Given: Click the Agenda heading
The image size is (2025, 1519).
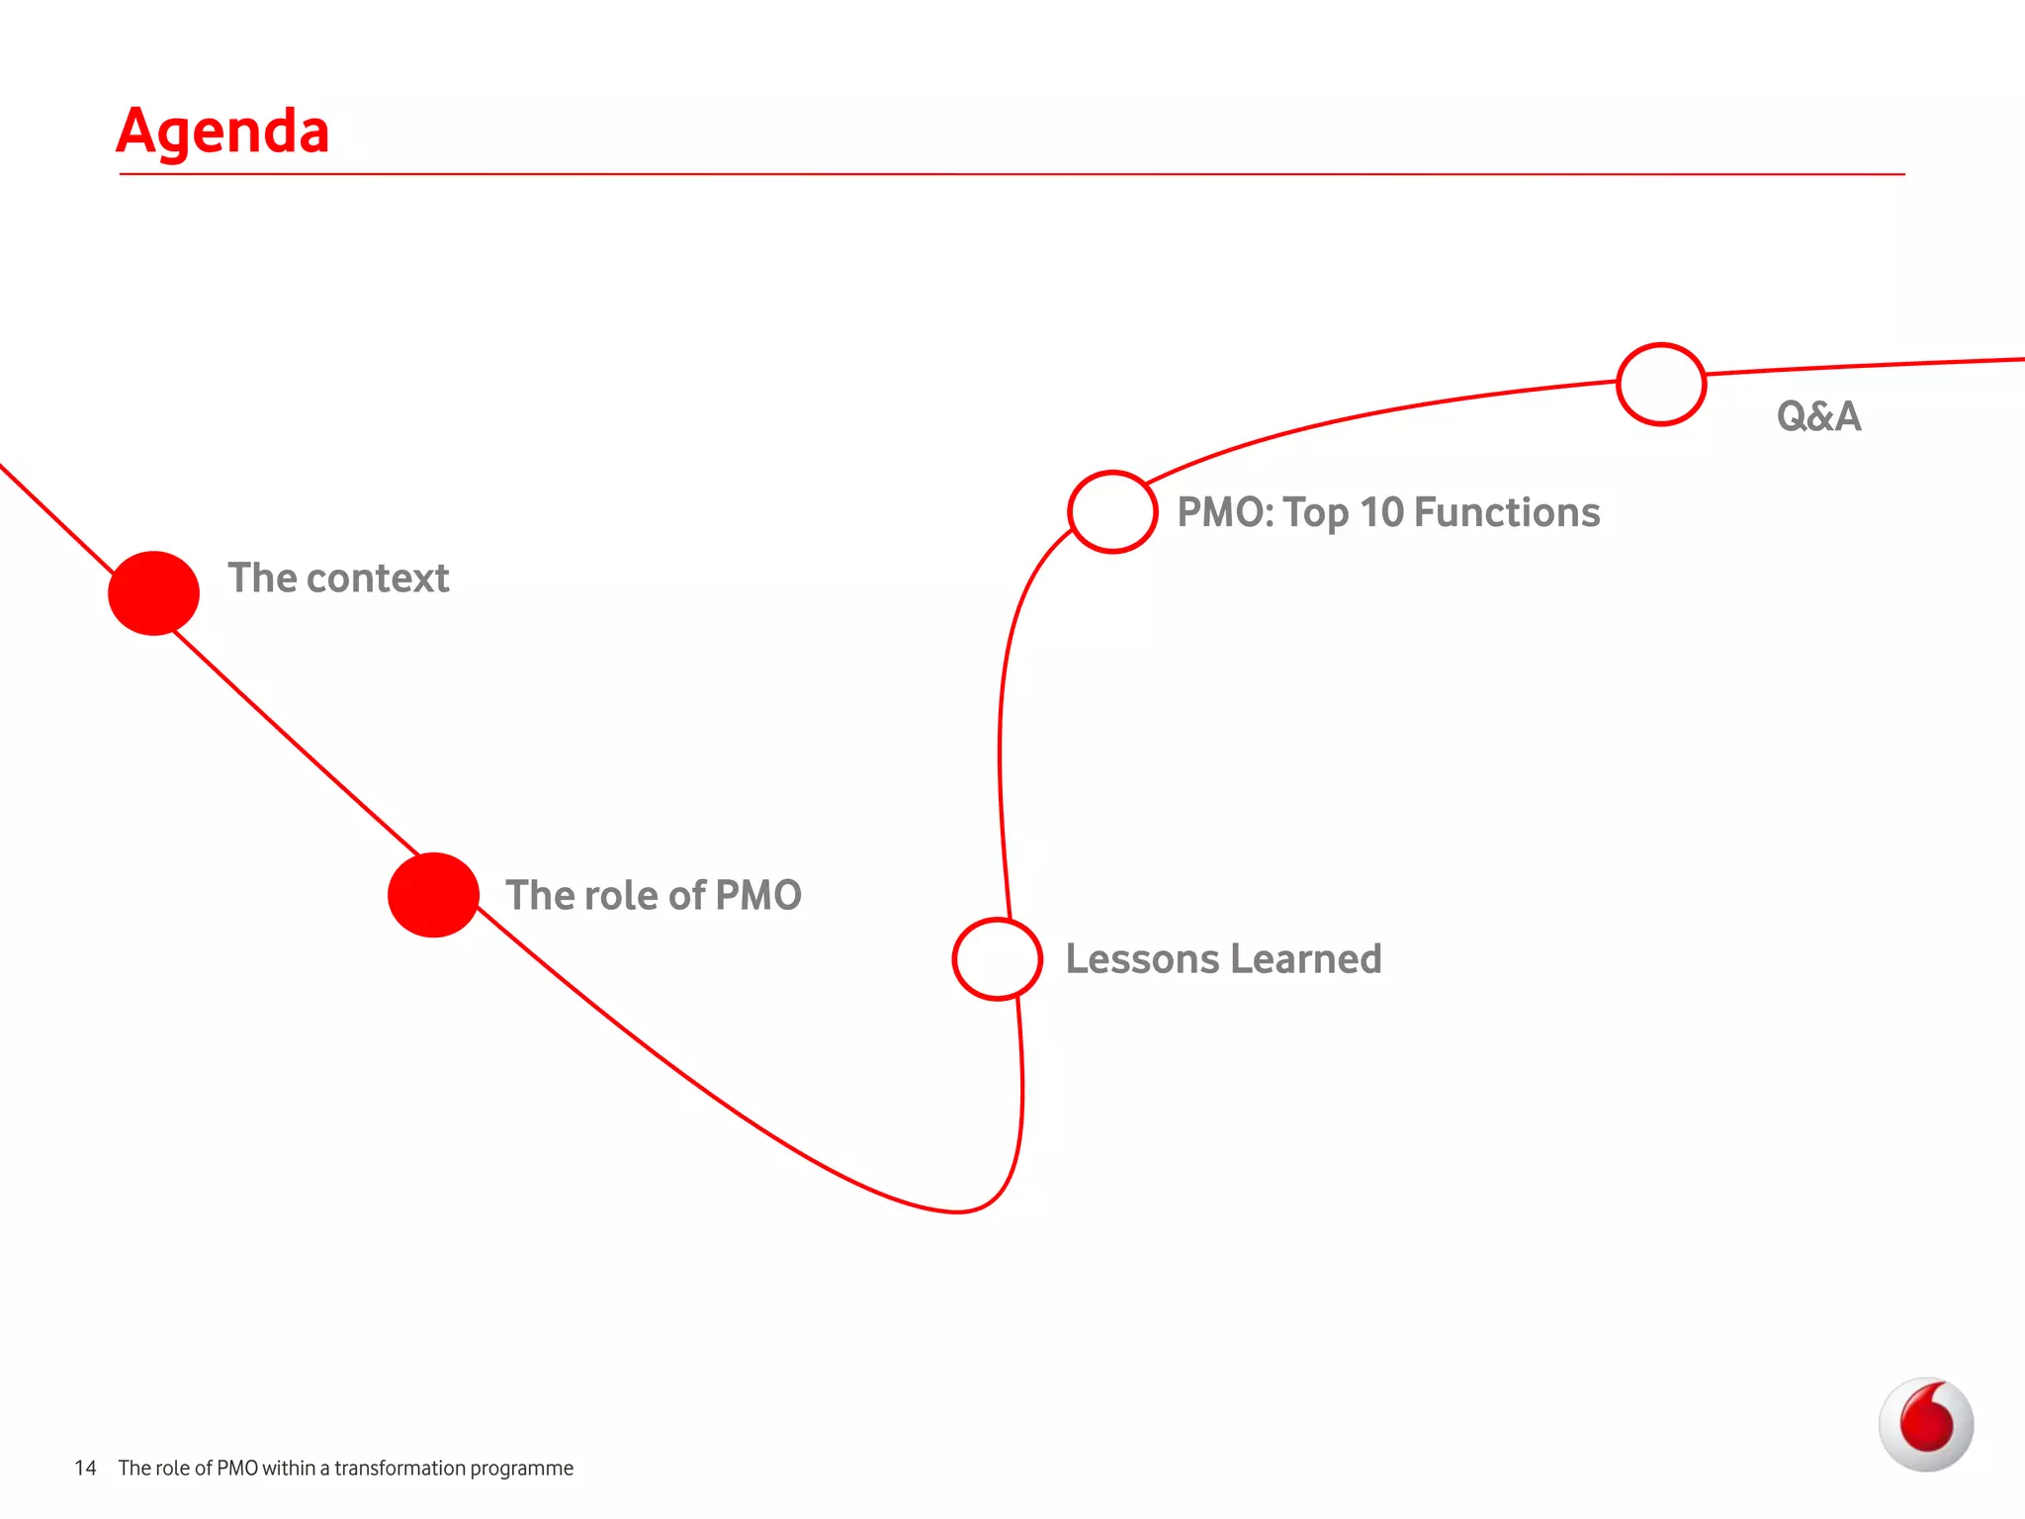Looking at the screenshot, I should [222, 132].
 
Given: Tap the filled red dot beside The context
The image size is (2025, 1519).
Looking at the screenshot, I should [153, 592].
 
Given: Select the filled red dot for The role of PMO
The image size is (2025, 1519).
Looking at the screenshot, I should [433, 894].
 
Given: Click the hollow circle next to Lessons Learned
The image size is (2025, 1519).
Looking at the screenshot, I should [997, 958].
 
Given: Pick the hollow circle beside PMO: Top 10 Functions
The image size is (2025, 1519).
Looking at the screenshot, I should [1112, 511].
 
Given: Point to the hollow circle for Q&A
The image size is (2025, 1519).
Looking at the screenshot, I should [1661, 384].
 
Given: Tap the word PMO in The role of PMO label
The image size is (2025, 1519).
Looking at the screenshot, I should [757, 895].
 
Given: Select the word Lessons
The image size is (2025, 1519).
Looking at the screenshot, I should [1142, 959].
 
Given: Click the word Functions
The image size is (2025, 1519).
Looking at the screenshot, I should [1507, 512].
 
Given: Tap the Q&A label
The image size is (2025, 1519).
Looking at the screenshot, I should [1818, 416].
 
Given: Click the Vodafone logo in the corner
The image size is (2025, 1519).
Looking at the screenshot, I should [1925, 1424].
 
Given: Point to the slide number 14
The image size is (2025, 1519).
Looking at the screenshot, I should [85, 1468].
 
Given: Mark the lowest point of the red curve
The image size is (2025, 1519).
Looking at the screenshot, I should [957, 1210].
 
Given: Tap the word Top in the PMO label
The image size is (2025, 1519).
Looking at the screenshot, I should [1315, 512].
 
